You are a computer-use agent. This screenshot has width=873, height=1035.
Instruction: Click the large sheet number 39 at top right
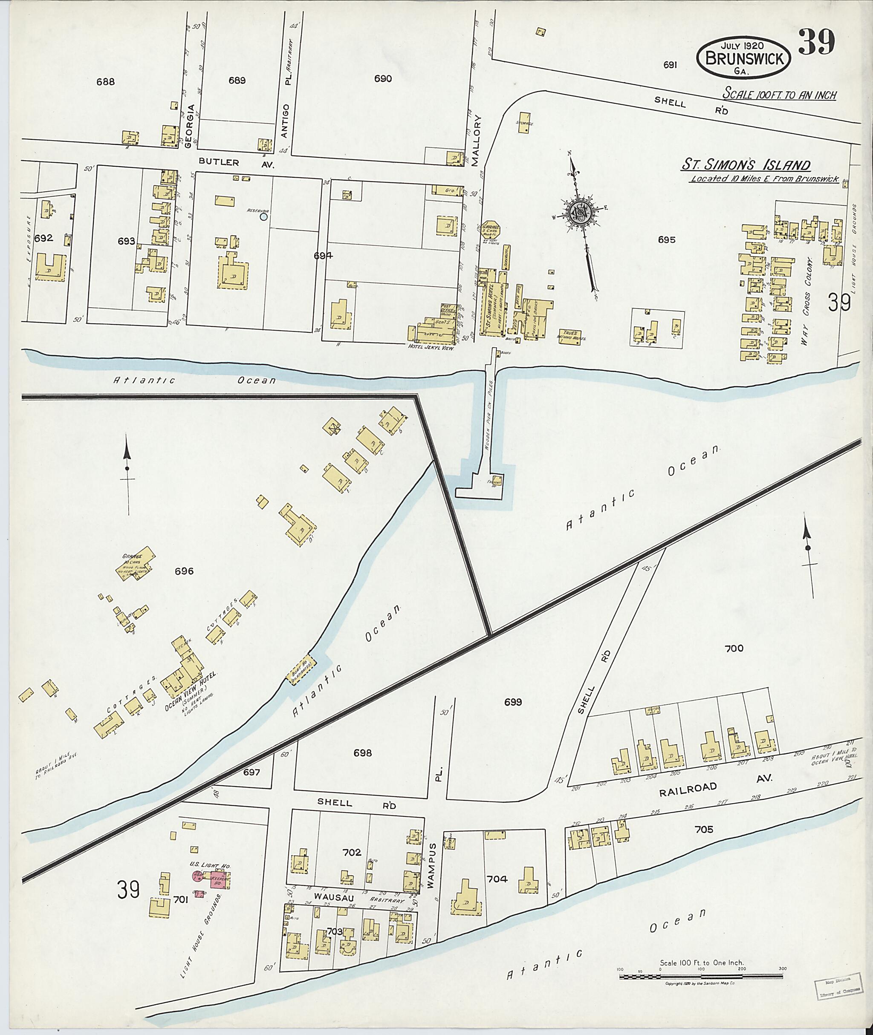[x=817, y=43]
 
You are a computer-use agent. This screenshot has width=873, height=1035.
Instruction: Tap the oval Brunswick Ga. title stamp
[x=743, y=58]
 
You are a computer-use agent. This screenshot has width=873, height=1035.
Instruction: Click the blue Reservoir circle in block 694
[x=264, y=216]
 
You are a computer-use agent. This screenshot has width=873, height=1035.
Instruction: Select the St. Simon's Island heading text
[x=746, y=165]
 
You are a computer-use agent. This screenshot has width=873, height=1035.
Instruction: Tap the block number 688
[x=105, y=82]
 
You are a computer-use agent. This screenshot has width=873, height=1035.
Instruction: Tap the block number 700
[x=734, y=648]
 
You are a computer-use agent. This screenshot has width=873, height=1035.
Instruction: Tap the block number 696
[x=184, y=571]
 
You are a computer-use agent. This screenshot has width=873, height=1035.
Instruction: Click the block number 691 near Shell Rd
[x=670, y=65]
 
